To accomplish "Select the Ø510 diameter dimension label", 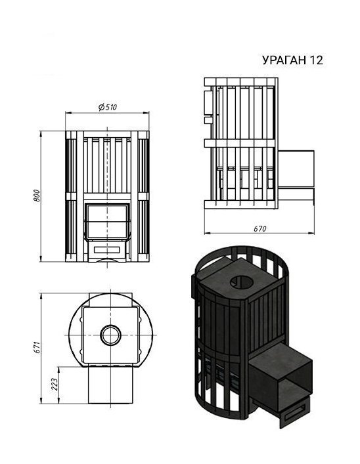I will (107, 108).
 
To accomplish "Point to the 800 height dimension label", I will (37, 196).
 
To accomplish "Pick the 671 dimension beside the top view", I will (37, 346).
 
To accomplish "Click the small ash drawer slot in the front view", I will (107, 250).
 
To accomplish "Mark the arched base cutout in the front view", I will (107, 261).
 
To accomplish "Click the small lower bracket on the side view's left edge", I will (209, 120).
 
